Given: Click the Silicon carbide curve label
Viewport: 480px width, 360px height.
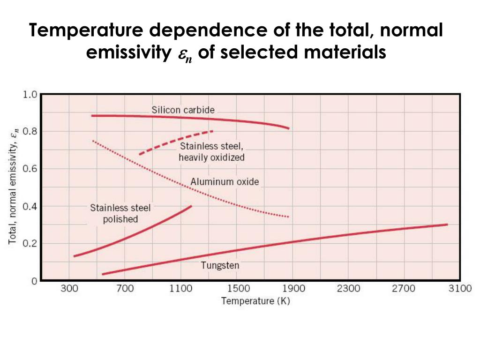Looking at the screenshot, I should point(183,110).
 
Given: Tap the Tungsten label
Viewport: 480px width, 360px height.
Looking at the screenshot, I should point(220,265).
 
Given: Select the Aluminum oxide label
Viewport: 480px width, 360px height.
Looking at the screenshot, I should point(225,182).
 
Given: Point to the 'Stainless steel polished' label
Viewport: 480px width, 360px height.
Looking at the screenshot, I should point(120,213).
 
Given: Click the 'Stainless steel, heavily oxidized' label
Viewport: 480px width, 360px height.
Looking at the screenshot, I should point(211,152).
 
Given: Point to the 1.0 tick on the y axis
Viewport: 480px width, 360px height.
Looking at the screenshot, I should point(30,94).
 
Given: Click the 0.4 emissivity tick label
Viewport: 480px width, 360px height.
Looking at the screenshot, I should point(30,206).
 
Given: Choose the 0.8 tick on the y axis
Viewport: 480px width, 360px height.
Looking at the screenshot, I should point(30,131).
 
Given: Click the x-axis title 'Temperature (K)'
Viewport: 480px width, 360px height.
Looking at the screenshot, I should point(255,301).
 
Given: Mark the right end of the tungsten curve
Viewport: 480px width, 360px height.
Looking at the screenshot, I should point(447,225).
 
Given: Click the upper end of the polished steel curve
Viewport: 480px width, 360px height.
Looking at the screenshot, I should point(191,206).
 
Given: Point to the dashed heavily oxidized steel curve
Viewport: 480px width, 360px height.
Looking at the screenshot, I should point(176,141).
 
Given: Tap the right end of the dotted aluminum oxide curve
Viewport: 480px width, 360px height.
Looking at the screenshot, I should point(288,217).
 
